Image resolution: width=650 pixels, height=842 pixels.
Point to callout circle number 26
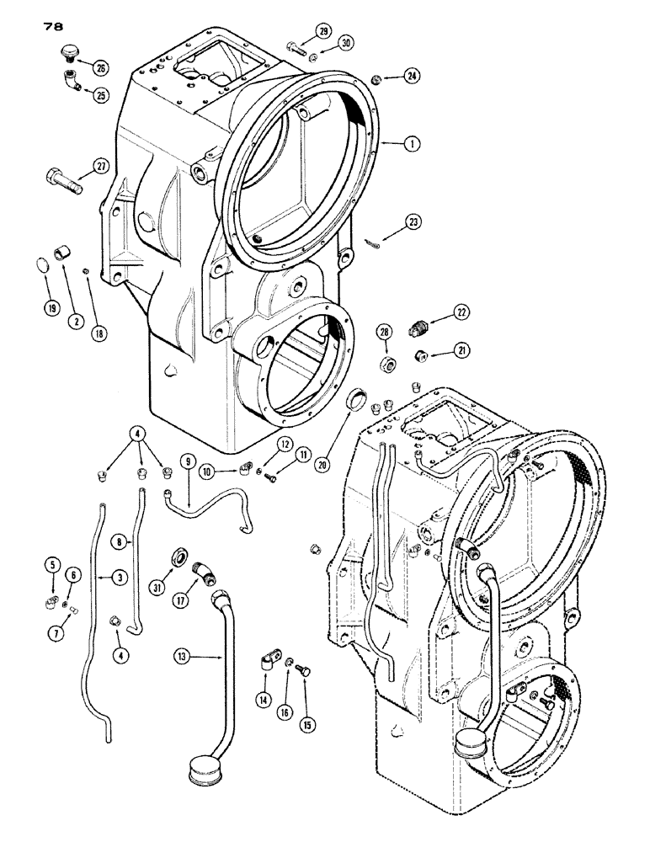[102, 67]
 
